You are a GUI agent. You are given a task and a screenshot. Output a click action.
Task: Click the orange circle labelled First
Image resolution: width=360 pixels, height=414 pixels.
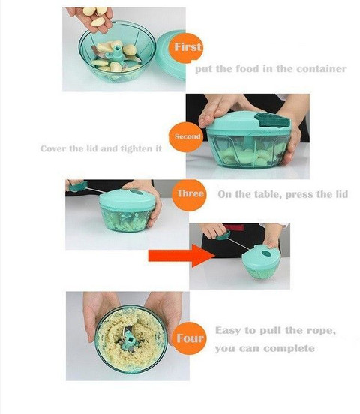tap(187, 47)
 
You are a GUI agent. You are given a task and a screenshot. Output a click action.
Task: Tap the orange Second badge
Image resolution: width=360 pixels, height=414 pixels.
tap(187, 136)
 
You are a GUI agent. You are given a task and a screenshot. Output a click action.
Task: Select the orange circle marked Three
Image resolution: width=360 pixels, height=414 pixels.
tap(189, 194)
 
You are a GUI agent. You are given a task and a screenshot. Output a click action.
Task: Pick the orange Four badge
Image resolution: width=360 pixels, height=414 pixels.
tap(190, 338)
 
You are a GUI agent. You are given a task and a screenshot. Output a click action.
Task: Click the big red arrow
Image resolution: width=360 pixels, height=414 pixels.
tap(181, 256)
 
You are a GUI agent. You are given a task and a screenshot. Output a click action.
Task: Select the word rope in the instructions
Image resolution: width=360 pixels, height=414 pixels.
tap(321, 331)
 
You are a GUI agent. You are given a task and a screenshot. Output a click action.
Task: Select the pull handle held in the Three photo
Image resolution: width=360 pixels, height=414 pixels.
tap(78, 186)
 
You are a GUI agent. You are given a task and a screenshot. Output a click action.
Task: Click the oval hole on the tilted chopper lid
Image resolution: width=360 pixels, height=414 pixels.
tap(267, 254)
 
